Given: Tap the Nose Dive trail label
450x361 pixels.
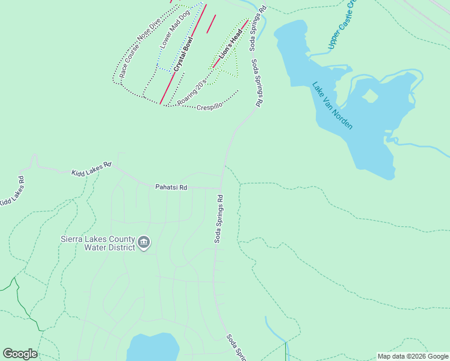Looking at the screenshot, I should (x=149, y=31).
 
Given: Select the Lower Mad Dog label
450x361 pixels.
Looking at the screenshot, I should (x=175, y=28).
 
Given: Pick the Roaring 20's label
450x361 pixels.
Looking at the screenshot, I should (x=192, y=90).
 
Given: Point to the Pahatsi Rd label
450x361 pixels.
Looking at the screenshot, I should (x=171, y=188).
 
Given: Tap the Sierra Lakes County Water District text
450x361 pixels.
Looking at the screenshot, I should (x=98, y=242).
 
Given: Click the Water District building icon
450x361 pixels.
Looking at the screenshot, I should (x=144, y=242).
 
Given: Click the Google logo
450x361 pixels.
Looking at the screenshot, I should (x=20, y=353).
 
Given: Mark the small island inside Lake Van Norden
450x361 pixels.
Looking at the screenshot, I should (x=369, y=96).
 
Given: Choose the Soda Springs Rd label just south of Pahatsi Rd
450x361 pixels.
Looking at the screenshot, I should (x=220, y=218).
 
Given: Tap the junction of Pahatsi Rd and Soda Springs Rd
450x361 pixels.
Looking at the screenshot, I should (x=222, y=188).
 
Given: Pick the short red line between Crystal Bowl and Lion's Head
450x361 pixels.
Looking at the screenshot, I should (x=211, y=24).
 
